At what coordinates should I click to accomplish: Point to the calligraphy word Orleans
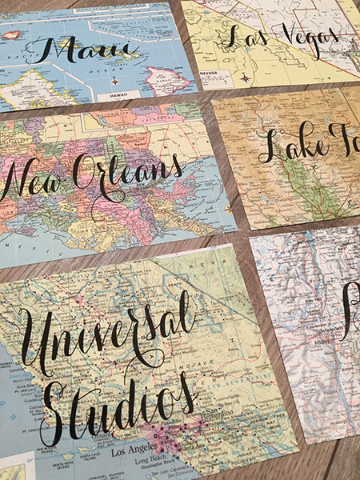click(x=128, y=172)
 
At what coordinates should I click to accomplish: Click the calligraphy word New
click(x=32, y=181)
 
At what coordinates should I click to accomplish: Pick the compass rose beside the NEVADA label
click(x=244, y=78)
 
